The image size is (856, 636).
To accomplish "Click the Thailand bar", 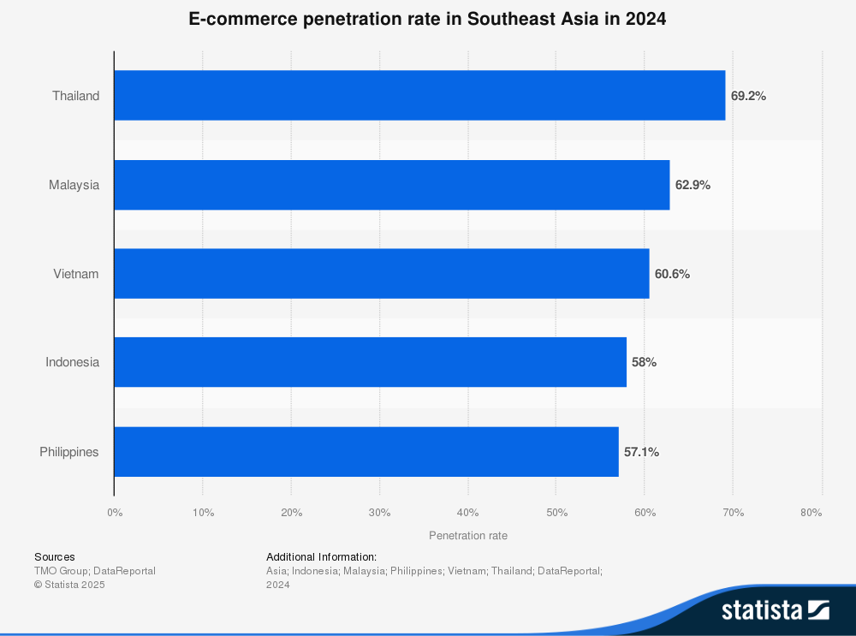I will [419, 95].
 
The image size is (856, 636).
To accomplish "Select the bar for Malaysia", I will [391, 185].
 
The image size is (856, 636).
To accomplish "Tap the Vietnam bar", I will [381, 274].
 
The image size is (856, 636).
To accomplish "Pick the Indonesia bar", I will [370, 362].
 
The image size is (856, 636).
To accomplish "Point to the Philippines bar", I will [366, 451].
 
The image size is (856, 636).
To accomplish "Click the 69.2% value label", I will [748, 96].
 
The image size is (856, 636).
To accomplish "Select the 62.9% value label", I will [693, 185].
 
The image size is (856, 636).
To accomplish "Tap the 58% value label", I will [644, 362].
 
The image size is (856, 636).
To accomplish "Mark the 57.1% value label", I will [641, 451].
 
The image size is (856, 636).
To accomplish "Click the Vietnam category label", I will [75, 274].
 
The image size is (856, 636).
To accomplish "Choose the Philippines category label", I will [69, 451].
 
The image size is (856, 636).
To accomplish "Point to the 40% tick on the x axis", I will [467, 512].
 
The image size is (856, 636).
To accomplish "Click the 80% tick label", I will [811, 512].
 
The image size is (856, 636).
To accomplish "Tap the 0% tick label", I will [115, 512].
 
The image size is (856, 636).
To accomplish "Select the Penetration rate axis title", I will [467, 536].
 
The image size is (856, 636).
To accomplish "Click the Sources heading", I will [55, 556].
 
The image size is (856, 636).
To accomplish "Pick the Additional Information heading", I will [321, 556].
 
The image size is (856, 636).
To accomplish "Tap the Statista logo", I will [775, 609].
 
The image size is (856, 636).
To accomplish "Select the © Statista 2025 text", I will [69, 585].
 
